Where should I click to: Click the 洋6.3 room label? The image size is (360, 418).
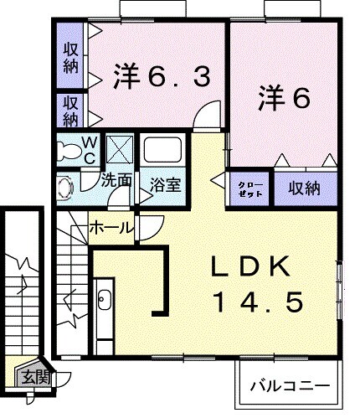pyautogui.click(x=160, y=77)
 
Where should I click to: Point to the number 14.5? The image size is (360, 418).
pyautogui.click(x=255, y=302)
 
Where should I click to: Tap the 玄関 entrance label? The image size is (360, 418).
pyautogui.click(x=36, y=378)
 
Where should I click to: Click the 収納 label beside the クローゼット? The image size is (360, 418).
pyautogui.click(x=299, y=188)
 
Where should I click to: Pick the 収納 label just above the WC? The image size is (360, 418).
pyautogui.click(x=70, y=110)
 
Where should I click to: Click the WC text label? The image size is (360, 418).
pyautogui.click(x=90, y=150)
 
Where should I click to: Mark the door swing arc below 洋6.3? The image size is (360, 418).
pyautogui.click(x=203, y=118)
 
